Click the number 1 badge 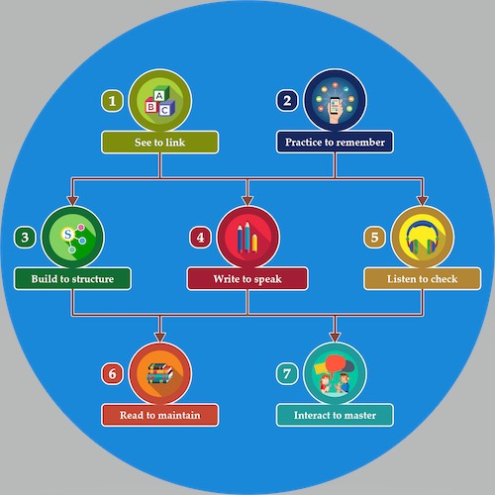coord(112,101)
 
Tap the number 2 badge coord(287,101)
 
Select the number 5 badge coord(374,238)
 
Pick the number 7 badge coord(287,374)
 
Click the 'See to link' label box coord(160,143)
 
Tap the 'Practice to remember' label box coord(335,142)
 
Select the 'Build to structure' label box coord(72,279)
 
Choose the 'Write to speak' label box coord(247,279)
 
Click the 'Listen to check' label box coord(423,279)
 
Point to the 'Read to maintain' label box coord(160,415)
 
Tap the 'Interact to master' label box coord(335,415)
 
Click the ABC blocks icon coord(160,101)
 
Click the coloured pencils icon coord(247,237)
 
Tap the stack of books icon coord(160,373)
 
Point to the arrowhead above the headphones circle coord(423,201)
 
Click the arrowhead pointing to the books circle coord(160,338)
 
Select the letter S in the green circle coord(68,235)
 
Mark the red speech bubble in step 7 coord(336,363)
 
